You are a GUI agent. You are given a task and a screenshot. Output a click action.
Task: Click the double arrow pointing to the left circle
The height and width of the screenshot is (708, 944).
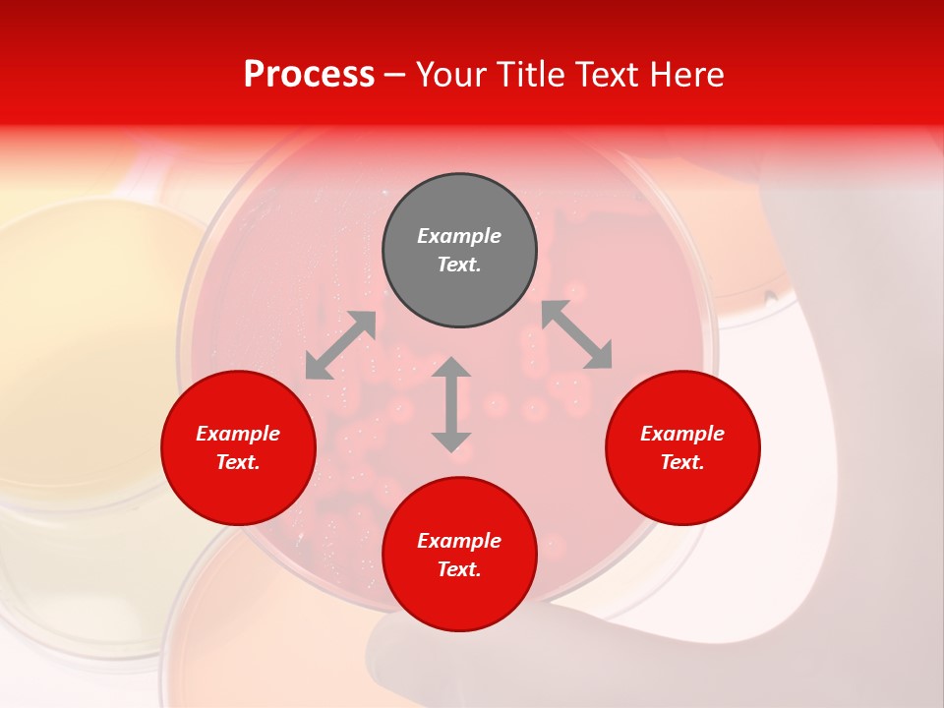tap(340, 345)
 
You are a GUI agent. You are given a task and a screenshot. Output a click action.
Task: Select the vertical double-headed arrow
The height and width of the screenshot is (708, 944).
tap(451, 404)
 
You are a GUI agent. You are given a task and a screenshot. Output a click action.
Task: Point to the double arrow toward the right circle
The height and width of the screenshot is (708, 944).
tap(576, 334)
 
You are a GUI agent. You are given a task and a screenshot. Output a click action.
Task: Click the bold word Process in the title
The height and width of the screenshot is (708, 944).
tap(309, 75)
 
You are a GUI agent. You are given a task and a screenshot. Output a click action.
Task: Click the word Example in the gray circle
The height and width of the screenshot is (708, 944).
tap(459, 236)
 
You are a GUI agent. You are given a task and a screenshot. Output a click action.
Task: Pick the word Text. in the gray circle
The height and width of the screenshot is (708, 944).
tap(459, 265)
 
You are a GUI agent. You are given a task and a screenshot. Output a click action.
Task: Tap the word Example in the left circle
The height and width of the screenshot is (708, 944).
tap(238, 434)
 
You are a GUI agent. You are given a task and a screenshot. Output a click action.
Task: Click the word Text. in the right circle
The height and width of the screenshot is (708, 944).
tap(682, 462)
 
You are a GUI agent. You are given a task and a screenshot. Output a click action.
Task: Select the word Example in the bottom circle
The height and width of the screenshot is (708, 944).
tap(459, 541)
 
